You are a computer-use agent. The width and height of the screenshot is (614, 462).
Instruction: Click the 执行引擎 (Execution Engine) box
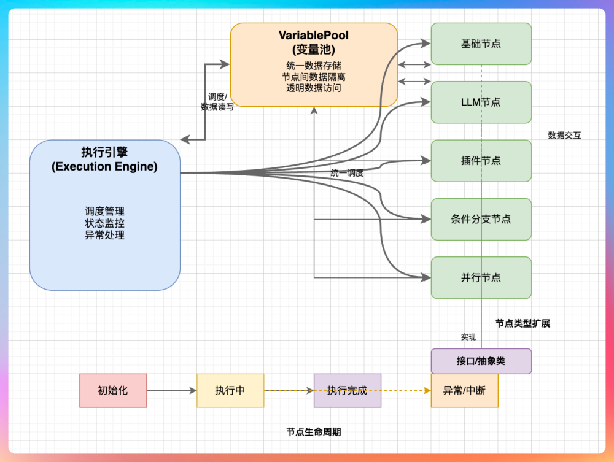pos(105,215)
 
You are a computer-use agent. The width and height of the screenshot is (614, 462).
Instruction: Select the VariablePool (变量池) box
pos(314,64)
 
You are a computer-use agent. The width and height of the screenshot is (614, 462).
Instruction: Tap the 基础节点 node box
pos(481,44)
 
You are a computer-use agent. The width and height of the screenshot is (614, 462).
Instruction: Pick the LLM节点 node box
pos(481,102)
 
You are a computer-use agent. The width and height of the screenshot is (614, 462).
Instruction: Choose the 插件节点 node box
pos(481,161)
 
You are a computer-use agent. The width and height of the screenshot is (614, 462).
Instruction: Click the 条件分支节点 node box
pos(481,219)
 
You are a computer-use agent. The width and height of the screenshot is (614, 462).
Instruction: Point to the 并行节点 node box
pos(481,278)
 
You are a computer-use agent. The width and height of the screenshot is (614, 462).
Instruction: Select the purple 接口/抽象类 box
pos(481,361)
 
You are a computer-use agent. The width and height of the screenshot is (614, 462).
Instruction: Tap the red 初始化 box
pos(114,390)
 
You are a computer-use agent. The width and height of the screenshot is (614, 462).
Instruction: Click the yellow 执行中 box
pos(230,390)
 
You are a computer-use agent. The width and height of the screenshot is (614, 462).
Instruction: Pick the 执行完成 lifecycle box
pos(348,390)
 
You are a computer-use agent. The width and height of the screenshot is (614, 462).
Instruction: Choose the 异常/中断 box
pos(464,390)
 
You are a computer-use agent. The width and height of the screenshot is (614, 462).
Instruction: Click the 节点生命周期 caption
pos(314,432)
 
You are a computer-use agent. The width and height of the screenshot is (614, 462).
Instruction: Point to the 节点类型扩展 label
pos(523,323)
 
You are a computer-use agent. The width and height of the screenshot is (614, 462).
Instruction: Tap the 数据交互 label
pos(565,136)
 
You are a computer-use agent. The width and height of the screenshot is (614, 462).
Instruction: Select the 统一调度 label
pos(347,173)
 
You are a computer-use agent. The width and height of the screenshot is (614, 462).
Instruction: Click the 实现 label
pos(468,337)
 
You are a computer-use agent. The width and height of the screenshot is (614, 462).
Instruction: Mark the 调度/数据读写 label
pos(217,102)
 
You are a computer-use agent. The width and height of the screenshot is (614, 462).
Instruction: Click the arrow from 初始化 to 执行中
pos(172,390)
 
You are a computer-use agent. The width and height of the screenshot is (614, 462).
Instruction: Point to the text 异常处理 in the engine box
pos(105,235)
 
